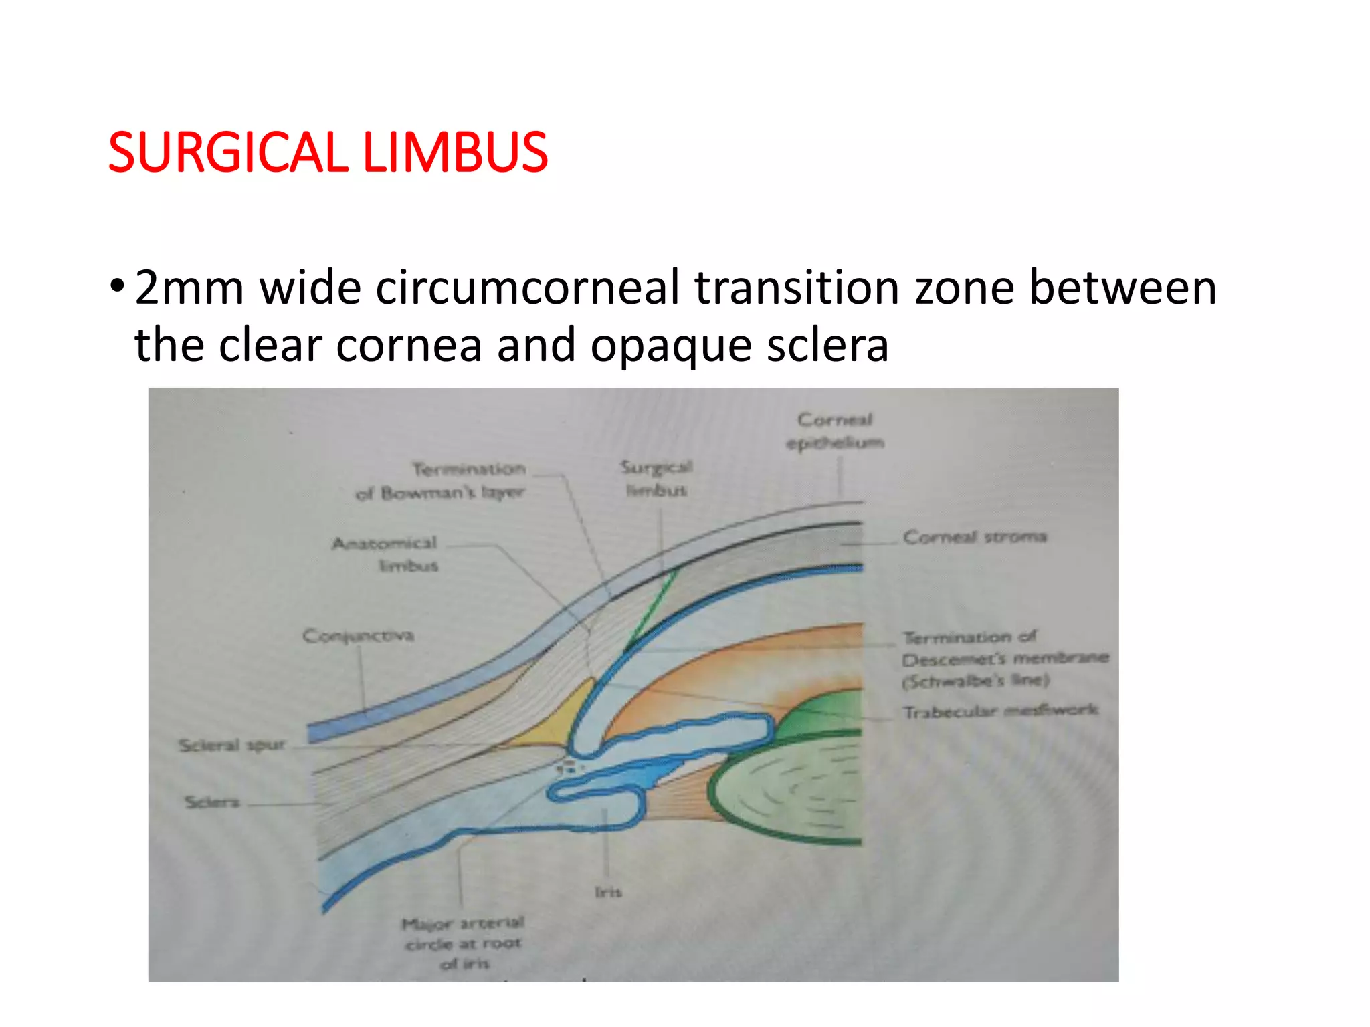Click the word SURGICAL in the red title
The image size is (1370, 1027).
(x=226, y=152)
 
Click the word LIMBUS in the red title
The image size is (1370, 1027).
(x=455, y=152)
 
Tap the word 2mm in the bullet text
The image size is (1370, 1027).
(x=189, y=288)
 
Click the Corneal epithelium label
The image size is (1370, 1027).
(x=835, y=431)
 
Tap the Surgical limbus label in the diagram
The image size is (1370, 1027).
(x=656, y=479)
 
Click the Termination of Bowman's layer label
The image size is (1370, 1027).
(x=442, y=481)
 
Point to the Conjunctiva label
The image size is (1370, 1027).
(x=358, y=635)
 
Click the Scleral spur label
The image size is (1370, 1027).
(x=232, y=745)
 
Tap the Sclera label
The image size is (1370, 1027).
(x=211, y=802)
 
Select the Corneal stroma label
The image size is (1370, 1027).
(x=974, y=537)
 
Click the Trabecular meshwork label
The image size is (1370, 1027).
(x=1000, y=711)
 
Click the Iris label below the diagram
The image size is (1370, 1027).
(x=608, y=892)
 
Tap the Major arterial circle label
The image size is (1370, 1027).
(x=464, y=943)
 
